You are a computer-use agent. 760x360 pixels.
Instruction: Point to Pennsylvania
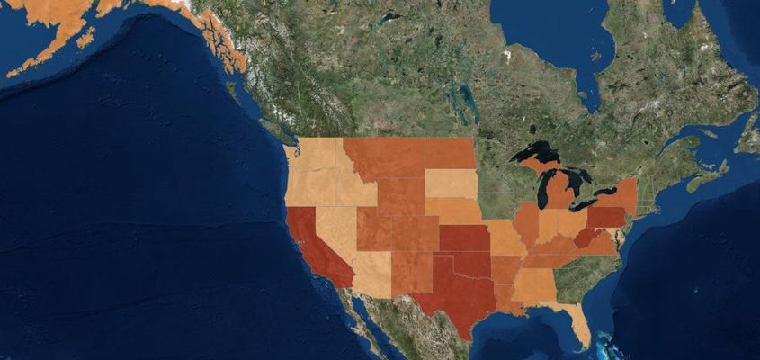[606, 217]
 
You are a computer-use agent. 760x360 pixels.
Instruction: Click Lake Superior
[538, 151]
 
